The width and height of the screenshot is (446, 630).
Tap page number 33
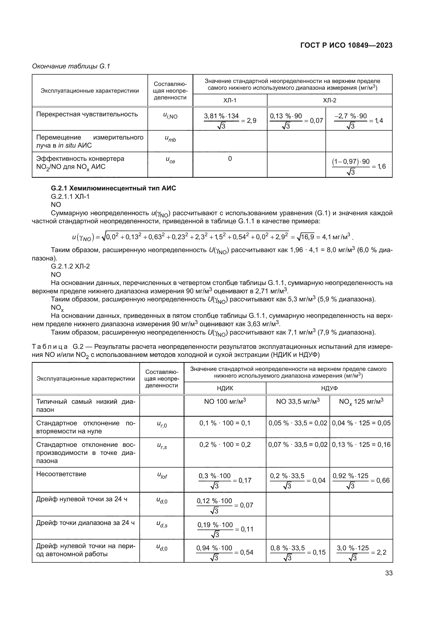(389, 573)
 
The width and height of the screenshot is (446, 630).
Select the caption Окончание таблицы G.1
(71, 66)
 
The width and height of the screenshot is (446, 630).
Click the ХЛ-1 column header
(229, 100)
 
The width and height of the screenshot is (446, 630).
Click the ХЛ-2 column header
(329, 100)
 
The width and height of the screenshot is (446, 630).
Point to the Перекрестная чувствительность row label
(87, 114)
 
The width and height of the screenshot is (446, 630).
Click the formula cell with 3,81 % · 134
(229, 120)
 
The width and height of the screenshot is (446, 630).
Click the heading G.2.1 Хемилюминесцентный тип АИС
(113, 188)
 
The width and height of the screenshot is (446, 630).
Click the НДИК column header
(225, 388)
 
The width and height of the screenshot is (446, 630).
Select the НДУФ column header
(329, 388)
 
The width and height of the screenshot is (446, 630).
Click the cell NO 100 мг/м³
(225, 402)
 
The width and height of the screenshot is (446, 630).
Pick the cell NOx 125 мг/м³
(361, 402)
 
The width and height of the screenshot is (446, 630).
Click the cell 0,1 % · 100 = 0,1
(225, 423)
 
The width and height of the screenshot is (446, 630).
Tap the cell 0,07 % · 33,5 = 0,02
(298, 444)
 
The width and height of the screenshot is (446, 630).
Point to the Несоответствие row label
(61, 474)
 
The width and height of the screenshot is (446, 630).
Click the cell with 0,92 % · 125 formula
(361, 480)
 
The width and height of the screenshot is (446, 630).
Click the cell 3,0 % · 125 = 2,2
(361, 552)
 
